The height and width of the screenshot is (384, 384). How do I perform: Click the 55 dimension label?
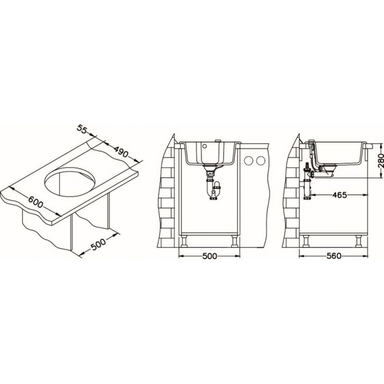82,129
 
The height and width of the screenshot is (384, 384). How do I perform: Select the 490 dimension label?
120,150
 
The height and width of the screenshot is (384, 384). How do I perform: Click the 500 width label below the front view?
210,256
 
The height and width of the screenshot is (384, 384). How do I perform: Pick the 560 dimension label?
334,256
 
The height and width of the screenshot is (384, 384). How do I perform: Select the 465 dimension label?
339,195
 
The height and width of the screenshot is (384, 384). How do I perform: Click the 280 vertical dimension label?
380,161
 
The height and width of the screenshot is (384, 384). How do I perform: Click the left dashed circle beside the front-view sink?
249,161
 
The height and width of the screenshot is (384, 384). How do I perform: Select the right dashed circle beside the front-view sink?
261,161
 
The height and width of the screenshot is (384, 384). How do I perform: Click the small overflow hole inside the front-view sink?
205,146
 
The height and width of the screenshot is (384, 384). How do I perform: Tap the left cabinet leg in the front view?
185,241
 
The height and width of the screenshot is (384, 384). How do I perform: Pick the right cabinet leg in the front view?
234,241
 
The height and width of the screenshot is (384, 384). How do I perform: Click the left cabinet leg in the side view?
306,241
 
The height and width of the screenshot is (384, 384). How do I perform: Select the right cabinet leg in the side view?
359,241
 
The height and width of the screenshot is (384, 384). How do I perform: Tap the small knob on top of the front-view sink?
217,141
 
